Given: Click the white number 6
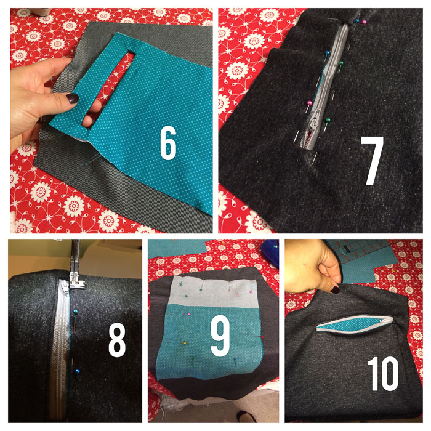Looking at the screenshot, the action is coord(168,143).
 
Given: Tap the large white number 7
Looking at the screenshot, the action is coord(372,160).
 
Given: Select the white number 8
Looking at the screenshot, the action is coord(117,340).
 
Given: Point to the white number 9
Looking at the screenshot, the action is coord(220,336).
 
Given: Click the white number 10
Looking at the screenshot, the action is coord(383,374).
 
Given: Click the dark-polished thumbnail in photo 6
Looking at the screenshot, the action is coord(73,99).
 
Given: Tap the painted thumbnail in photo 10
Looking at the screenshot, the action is coord(335,289).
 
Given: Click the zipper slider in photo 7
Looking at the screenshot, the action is coord(312,122).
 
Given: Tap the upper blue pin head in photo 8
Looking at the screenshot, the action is coord(75,312).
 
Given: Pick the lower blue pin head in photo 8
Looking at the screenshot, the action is coord(77,373).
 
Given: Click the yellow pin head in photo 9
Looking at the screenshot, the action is coord(185,344).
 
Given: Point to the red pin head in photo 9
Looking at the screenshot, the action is coord(262,337).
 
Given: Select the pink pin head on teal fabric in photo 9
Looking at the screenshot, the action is coord(188,314).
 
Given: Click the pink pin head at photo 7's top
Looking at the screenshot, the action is coord(364,22).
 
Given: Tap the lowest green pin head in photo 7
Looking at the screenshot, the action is coord(328,120).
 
